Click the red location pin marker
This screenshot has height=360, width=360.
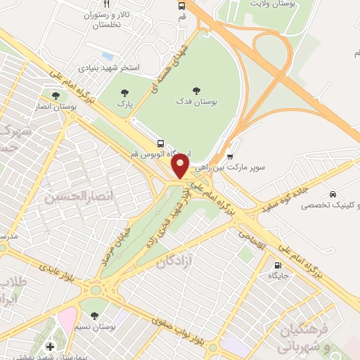[181, 165]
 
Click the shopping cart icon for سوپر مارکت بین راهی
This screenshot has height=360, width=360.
[231, 156]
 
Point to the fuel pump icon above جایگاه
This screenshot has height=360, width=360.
[277, 266]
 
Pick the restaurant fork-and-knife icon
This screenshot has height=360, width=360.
[106, 4]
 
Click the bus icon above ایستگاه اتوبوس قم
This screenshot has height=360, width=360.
[161, 142]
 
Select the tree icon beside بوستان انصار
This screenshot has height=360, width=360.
[56, 95]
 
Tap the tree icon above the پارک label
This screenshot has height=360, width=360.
[125, 92]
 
